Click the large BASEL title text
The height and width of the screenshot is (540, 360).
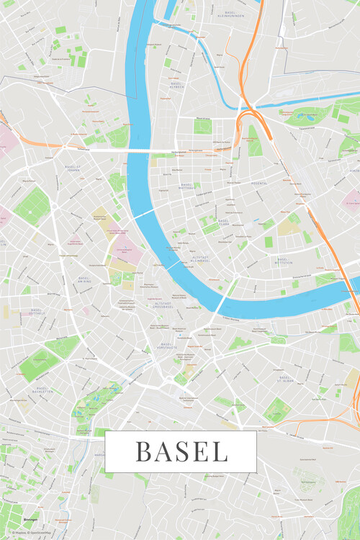[181, 451]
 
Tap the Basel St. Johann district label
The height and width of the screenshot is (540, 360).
[72, 170]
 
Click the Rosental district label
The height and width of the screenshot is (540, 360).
[257, 183]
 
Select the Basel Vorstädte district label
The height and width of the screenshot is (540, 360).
[167, 348]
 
